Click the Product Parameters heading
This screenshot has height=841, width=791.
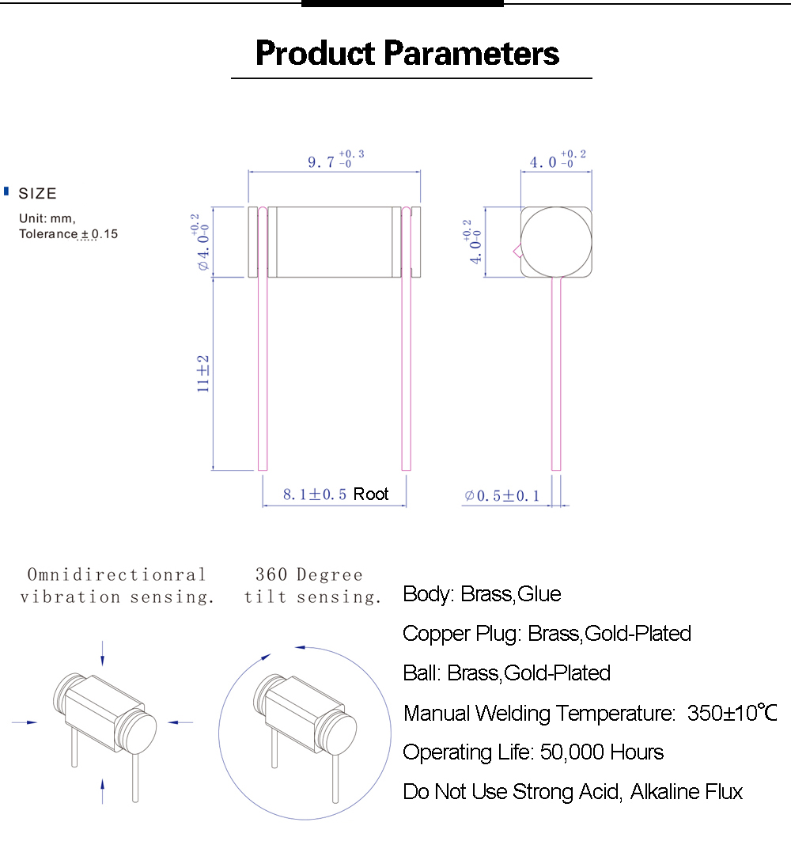point(407,54)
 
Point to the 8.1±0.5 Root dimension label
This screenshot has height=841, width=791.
point(336,494)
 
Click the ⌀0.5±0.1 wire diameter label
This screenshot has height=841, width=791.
point(502,496)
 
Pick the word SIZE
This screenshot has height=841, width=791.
point(38,194)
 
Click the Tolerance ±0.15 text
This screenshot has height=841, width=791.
point(68,234)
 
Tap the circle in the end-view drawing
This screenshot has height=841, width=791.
point(556,241)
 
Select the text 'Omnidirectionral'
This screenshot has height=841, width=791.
point(117,575)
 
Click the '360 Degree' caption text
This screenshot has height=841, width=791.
point(308,575)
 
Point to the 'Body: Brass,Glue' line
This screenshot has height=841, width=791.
point(482,594)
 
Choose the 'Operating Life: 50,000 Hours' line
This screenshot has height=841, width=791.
point(533,752)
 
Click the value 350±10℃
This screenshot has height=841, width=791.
point(732,713)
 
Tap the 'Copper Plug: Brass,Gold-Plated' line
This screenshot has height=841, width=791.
point(547,634)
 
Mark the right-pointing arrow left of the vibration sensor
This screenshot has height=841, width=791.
point(25,722)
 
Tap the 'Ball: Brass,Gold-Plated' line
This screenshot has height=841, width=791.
point(506,673)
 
